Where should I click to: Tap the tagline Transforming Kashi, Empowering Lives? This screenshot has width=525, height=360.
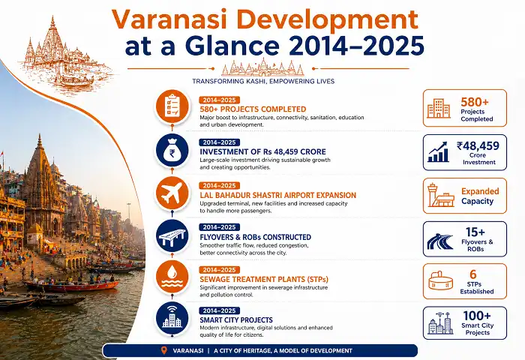click(262, 80)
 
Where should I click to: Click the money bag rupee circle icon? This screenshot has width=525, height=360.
click(172, 151)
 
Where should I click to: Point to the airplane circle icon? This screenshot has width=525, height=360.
click(172, 194)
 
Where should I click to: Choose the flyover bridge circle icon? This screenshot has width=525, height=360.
click(172, 237)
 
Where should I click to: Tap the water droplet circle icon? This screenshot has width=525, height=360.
click(172, 279)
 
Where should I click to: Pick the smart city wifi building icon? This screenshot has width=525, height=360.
click(172, 321)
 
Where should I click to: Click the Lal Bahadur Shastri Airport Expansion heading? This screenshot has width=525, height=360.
click(277, 195)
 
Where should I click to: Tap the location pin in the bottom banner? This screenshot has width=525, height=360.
click(164, 350)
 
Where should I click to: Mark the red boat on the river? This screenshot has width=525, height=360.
click(71, 286)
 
